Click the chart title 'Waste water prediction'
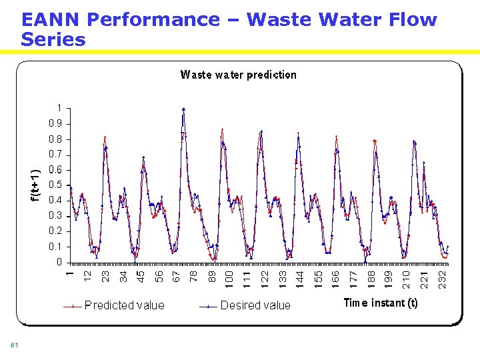238,75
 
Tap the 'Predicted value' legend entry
124,305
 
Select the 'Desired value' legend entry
255,305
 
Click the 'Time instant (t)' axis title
381,303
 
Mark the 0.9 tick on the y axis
55,123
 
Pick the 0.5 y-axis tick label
55,185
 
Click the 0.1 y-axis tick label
55,247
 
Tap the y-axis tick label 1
59,108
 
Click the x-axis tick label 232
442,279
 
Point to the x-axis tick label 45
141,275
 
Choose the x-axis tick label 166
335,279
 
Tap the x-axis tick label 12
87,275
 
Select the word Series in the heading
53,40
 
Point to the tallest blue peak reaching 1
183,109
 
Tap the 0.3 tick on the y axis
55,215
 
